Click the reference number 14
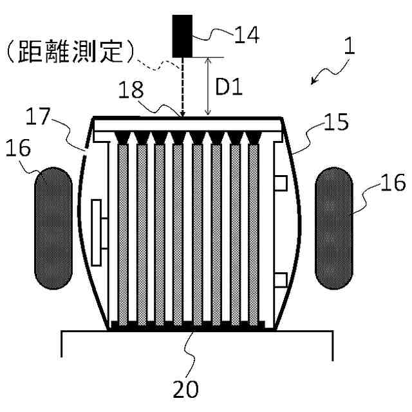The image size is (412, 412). [x=246, y=35]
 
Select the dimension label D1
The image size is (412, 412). [x=228, y=88]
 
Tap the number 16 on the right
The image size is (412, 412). [x=392, y=186]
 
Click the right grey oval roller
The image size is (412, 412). [x=333, y=227]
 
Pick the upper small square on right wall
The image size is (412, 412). [x=280, y=183]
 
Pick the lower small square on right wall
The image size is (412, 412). [x=280, y=279]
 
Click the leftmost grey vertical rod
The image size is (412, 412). [x=124, y=232]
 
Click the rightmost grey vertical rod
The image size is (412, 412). [x=255, y=232]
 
